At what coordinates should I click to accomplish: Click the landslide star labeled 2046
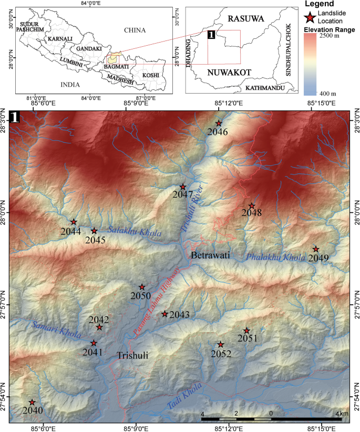point(219,124)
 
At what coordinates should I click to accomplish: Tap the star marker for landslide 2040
point(32,403)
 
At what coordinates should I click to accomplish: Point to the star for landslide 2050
point(142,287)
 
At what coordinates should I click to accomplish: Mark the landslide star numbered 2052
point(221,345)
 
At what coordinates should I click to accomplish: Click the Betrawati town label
point(211,255)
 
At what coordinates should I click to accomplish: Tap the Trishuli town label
point(132,355)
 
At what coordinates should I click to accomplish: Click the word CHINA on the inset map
point(135,30)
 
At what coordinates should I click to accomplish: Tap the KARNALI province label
point(59,39)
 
